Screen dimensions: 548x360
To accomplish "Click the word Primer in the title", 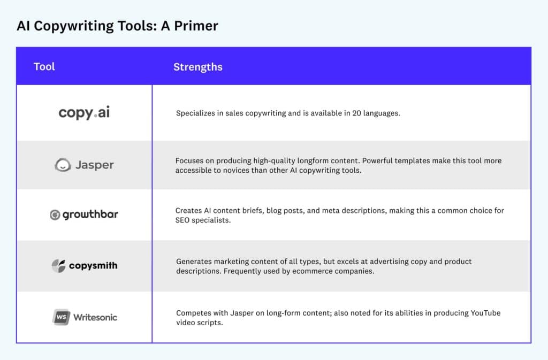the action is coord(196,26).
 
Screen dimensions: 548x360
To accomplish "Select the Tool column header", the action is coord(44,66).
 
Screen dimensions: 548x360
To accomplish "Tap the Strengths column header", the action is coord(198,67).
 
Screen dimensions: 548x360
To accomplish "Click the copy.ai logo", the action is coord(84,112).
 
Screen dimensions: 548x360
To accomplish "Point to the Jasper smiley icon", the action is coord(63,165).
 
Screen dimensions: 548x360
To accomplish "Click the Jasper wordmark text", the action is coord(95,165).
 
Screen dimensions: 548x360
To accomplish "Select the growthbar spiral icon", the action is coord(55,215).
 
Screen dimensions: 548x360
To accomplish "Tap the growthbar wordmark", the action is coord(90,215).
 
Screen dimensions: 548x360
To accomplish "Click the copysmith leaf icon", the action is coord(58,266).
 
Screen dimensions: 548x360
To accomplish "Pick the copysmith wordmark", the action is coord(93,266).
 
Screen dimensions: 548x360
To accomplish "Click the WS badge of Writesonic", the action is coord(61,317).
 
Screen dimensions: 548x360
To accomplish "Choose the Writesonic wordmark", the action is coord(95,317).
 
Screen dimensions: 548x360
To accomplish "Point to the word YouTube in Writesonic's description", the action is coord(485,313).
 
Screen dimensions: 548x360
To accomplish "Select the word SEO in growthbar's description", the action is coord(182,220).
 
